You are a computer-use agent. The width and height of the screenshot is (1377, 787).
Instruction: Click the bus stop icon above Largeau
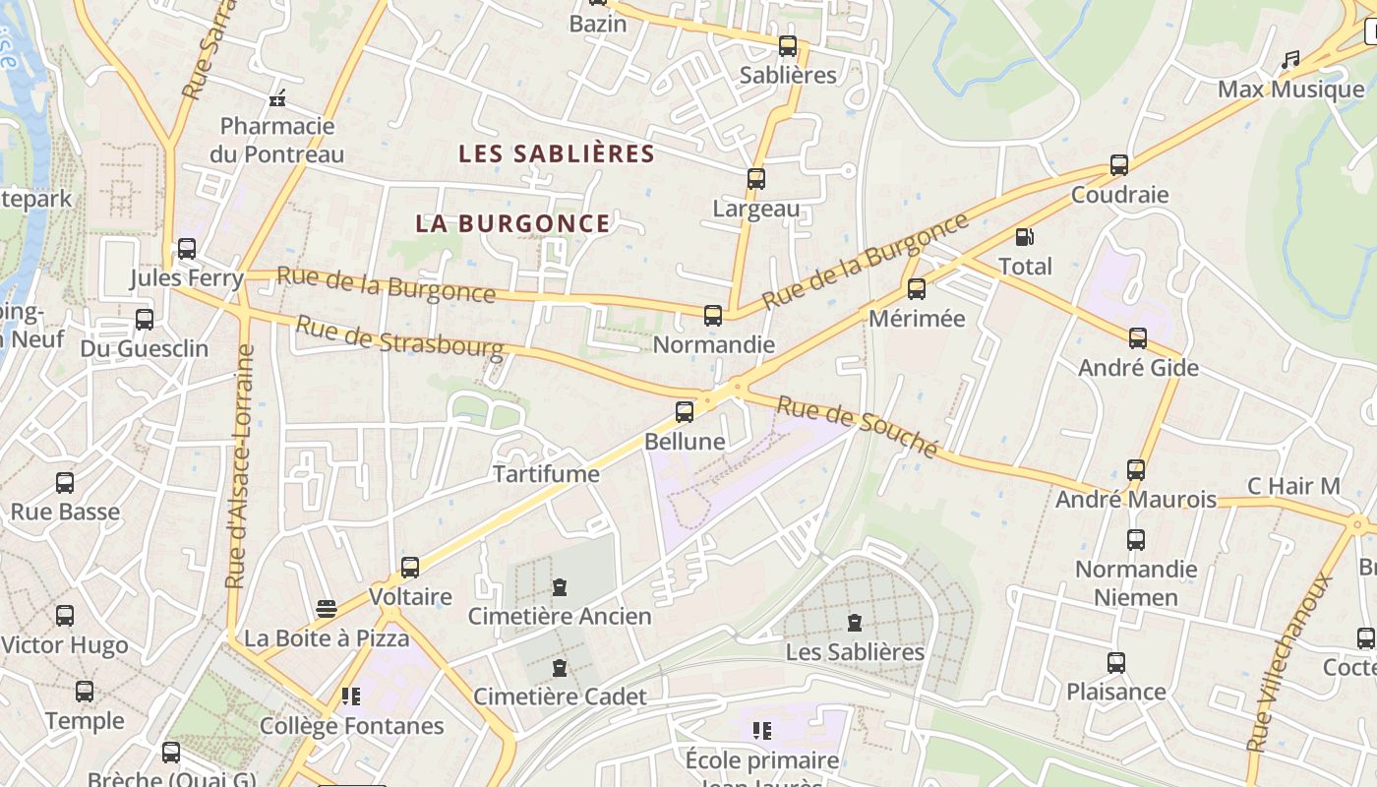(x=755, y=179)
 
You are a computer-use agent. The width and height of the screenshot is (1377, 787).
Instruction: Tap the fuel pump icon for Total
(x=1024, y=237)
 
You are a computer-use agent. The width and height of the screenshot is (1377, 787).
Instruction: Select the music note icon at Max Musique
(x=1290, y=60)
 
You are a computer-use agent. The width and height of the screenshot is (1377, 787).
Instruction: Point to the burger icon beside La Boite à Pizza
(x=327, y=609)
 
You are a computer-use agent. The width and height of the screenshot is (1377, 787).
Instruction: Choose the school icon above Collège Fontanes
(x=350, y=696)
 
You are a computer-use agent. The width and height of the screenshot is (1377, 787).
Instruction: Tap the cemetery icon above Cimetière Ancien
(x=560, y=587)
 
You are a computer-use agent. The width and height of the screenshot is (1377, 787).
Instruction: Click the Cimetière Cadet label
(x=560, y=696)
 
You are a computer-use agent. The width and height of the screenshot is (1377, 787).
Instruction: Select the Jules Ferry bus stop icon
(x=187, y=249)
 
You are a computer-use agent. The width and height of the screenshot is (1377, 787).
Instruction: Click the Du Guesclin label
(x=145, y=348)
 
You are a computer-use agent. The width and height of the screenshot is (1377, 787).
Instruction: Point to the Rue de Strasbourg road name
(x=399, y=337)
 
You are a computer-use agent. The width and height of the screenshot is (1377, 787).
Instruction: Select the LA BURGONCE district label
(x=512, y=223)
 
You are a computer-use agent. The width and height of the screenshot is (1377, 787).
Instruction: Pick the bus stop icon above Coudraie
(x=1119, y=165)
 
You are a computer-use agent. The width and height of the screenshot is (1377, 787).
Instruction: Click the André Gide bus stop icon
(x=1138, y=338)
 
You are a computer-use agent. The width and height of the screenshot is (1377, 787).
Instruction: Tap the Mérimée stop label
(x=917, y=319)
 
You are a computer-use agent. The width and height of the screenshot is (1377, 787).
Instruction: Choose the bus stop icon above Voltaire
(x=410, y=568)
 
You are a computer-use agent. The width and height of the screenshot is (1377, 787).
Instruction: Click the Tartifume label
(x=546, y=474)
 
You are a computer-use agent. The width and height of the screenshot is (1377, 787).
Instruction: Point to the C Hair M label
(x=1293, y=486)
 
